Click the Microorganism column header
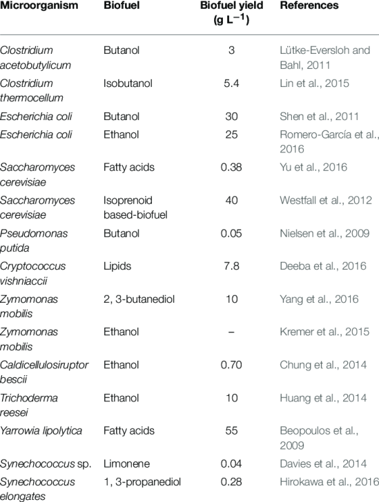(39, 6)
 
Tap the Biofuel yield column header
(232, 11)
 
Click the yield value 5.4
(232, 83)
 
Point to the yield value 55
(232, 431)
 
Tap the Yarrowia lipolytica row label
(42, 431)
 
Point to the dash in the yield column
(232, 332)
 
